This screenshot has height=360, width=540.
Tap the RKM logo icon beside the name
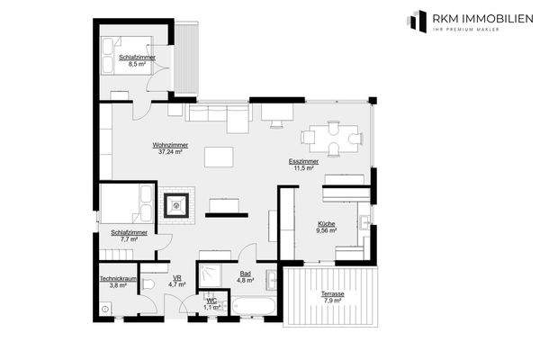[418, 20]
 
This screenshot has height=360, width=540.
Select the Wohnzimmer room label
[169, 145]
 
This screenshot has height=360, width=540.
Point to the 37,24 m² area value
[169, 152]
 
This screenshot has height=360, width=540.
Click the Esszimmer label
[303, 161]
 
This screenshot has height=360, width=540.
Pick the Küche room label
[326, 223]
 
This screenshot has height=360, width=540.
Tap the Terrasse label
[326, 294]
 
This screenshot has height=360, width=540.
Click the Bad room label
[245, 274]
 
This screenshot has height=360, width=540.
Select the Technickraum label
[118, 278]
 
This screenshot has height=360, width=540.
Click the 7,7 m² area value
[129, 239]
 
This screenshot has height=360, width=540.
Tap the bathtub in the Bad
[256, 306]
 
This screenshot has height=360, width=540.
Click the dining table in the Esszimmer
[334, 138]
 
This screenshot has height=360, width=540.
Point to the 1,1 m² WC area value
[211, 308]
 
